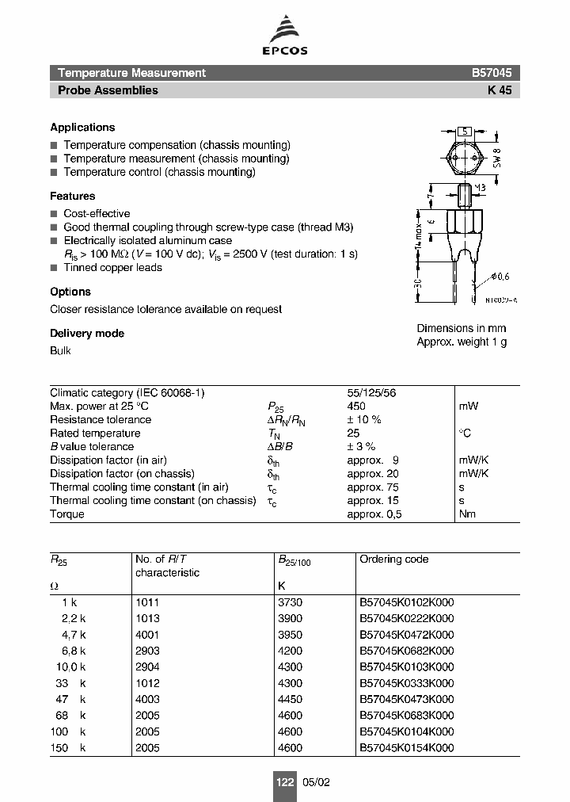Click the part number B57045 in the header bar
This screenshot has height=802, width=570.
click(496, 73)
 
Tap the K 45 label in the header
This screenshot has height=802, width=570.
click(504, 90)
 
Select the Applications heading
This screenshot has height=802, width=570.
click(82, 128)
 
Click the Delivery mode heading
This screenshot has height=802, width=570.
click(87, 334)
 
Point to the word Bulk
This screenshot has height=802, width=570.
click(61, 350)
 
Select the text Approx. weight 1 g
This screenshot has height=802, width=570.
click(462, 342)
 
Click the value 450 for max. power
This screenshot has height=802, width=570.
click(356, 406)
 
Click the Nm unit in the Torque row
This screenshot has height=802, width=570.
click(467, 514)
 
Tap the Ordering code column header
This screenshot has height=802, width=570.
click(394, 559)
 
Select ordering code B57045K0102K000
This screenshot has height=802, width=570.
click(407, 602)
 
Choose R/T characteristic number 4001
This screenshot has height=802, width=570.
click(147, 635)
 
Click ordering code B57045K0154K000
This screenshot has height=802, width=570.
click(407, 747)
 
